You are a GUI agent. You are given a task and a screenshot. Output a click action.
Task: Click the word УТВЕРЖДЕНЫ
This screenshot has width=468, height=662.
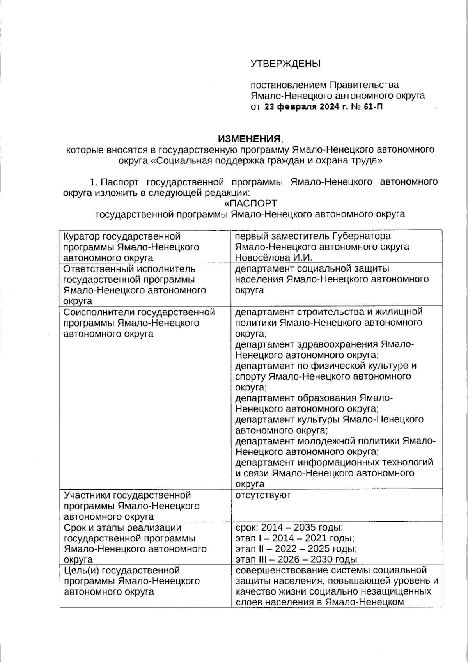point(285,64)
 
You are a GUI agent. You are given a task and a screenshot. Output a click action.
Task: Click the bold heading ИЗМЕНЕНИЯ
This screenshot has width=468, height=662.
point(249,139)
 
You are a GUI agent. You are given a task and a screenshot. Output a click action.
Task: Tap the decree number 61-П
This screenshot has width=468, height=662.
point(373,106)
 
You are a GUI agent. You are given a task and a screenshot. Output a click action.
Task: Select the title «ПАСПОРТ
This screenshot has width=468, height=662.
point(250,203)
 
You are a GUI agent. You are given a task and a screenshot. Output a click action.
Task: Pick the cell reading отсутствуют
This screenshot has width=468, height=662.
point(263,495)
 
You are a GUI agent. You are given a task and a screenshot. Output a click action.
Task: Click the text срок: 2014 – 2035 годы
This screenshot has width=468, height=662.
point(289,528)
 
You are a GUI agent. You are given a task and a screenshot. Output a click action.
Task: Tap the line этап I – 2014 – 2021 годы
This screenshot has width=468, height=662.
point(295,538)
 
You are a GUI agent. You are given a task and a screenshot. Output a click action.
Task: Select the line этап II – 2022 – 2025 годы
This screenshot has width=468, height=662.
point(296,549)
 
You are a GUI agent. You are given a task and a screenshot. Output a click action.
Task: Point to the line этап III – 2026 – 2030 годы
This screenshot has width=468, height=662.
point(296,559)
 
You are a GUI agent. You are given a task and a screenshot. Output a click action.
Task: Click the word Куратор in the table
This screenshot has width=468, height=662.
point(81,236)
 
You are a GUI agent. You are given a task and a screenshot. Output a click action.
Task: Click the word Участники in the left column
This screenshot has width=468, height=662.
point(87,495)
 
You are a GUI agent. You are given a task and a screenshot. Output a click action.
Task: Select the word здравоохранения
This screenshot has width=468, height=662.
point(338,344)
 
